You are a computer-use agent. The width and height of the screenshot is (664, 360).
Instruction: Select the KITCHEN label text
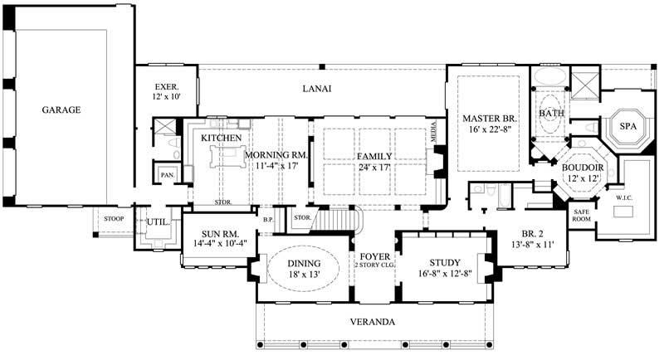click(221, 138)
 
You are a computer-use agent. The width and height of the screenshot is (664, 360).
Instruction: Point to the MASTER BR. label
click(488, 119)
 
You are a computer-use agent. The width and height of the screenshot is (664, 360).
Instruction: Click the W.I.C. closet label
click(625, 198)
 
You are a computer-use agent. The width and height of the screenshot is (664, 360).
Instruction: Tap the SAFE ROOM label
click(581, 216)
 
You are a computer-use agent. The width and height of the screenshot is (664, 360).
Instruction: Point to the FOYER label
click(369, 255)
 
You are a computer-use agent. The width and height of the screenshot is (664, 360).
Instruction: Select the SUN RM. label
click(216, 235)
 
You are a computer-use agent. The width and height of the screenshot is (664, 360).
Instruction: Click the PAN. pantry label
click(167, 176)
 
